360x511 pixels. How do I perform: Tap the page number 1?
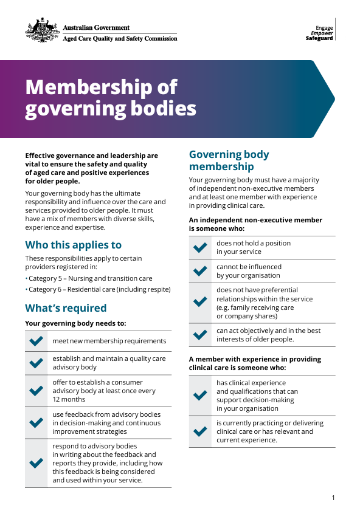click(333, 498)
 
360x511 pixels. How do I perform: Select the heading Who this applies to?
click(73, 245)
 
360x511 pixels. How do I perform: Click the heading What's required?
click(66, 308)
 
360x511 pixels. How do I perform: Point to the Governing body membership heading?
click(229, 160)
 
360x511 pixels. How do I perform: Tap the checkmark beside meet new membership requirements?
click(36, 341)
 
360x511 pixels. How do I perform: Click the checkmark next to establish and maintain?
click(36, 363)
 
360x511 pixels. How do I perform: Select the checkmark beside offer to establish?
click(36, 391)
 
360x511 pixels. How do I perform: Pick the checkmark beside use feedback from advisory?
click(36, 423)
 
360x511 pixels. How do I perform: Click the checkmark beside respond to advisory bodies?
click(36, 463)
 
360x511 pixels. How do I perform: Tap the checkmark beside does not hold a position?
click(200, 247)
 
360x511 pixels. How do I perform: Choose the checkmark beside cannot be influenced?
click(200, 271)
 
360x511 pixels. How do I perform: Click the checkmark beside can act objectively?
click(200, 335)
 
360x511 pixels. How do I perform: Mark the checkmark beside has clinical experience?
click(200, 396)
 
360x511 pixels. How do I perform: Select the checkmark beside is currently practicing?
click(200, 431)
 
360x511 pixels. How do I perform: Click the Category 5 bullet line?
click(89, 278)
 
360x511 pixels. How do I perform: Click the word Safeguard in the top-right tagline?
click(319, 38)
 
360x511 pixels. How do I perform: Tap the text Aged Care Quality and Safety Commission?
click(120, 38)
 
